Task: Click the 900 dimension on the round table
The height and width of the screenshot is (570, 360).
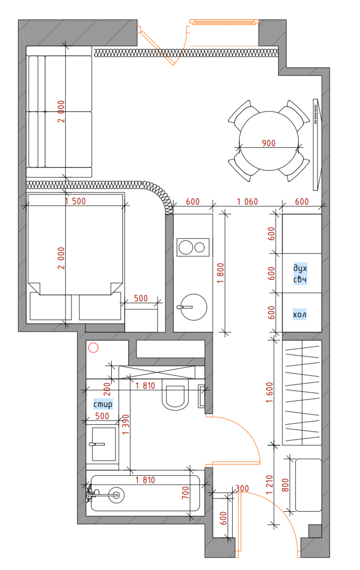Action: (x=269, y=143)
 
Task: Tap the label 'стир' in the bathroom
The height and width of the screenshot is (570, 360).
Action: (x=103, y=404)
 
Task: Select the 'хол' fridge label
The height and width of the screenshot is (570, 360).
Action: (x=300, y=314)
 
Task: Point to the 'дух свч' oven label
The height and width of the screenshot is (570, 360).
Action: (x=301, y=273)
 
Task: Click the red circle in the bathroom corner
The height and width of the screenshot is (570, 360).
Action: (x=93, y=348)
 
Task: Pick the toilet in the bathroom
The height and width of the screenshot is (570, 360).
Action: (x=176, y=395)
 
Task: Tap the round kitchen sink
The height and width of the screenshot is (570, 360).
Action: (x=194, y=307)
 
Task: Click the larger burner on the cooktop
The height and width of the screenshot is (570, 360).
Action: (x=186, y=247)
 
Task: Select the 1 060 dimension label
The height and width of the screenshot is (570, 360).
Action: (x=247, y=202)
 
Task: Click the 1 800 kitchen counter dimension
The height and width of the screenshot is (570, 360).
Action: (x=221, y=273)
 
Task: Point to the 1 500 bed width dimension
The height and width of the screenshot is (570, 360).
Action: (x=75, y=201)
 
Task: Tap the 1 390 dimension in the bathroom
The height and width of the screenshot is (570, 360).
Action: (x=126, y=425)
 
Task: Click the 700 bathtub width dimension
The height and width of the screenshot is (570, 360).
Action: (x=186, y=492)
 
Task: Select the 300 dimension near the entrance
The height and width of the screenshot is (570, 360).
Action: (x=242, y=488)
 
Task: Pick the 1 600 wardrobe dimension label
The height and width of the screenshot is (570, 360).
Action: (x=269, y=392)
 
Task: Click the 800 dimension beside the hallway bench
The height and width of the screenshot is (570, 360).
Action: (x=285, y=485)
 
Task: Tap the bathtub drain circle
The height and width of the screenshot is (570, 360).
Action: (x=116, y=495)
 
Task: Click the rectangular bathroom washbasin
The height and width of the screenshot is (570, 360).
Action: (x=104, y=444)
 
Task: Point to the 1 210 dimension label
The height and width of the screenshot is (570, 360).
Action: (x=269, y=485)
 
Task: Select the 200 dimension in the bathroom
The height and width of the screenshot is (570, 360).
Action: (x=107, y=389)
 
